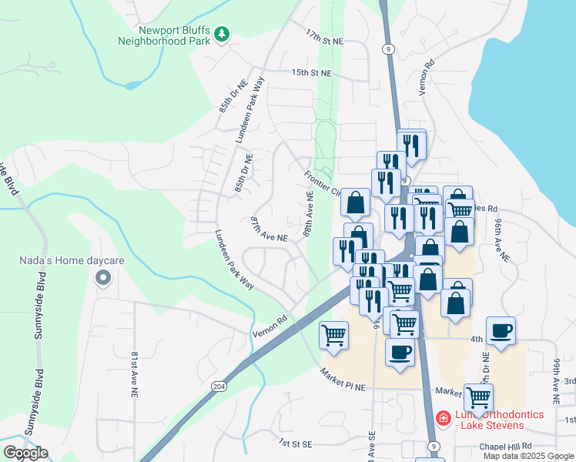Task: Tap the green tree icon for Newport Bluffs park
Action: [222, 34]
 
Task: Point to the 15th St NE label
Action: [310, 73]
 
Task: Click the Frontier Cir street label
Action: [323, 183]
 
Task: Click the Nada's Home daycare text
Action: [72, 261]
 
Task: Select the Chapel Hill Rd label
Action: [505, 446]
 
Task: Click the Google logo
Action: [25, 453]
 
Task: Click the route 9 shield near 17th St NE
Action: [387, 49]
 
